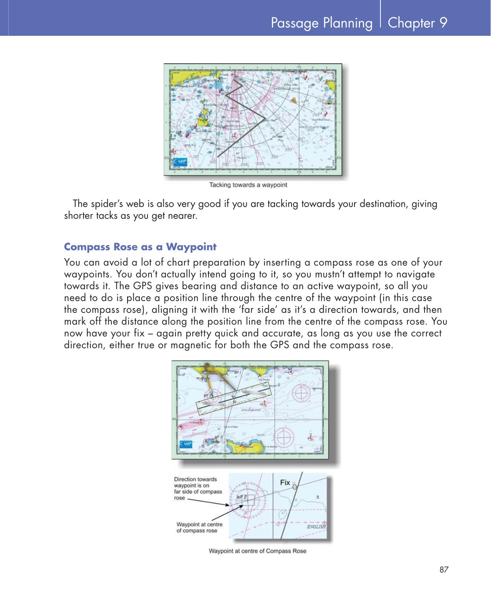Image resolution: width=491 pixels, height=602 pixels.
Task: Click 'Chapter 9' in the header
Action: [x=417, y=23]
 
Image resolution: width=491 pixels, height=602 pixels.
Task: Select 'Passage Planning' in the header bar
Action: [x=321, y=23]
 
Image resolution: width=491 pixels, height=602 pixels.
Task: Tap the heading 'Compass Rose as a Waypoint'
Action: [x=140, y=247]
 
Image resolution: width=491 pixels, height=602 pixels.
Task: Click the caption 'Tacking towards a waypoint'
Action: [x=248, y=185]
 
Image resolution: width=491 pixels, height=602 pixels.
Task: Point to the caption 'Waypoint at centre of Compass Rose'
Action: [x=257, y=551]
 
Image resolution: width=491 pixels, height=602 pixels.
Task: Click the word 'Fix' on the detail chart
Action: [x=285, y=482]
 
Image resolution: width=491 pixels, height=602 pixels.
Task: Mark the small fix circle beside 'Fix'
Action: [x=295, y=487]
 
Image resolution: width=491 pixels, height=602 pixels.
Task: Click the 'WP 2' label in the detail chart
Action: [x=241, y=497]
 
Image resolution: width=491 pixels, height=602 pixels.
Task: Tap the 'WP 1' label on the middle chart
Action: [x=238, y=371]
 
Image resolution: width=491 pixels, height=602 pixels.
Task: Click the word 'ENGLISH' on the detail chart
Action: [x=316, y=526]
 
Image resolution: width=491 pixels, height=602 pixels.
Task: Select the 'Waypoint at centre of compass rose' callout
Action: [x=199, y=527]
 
